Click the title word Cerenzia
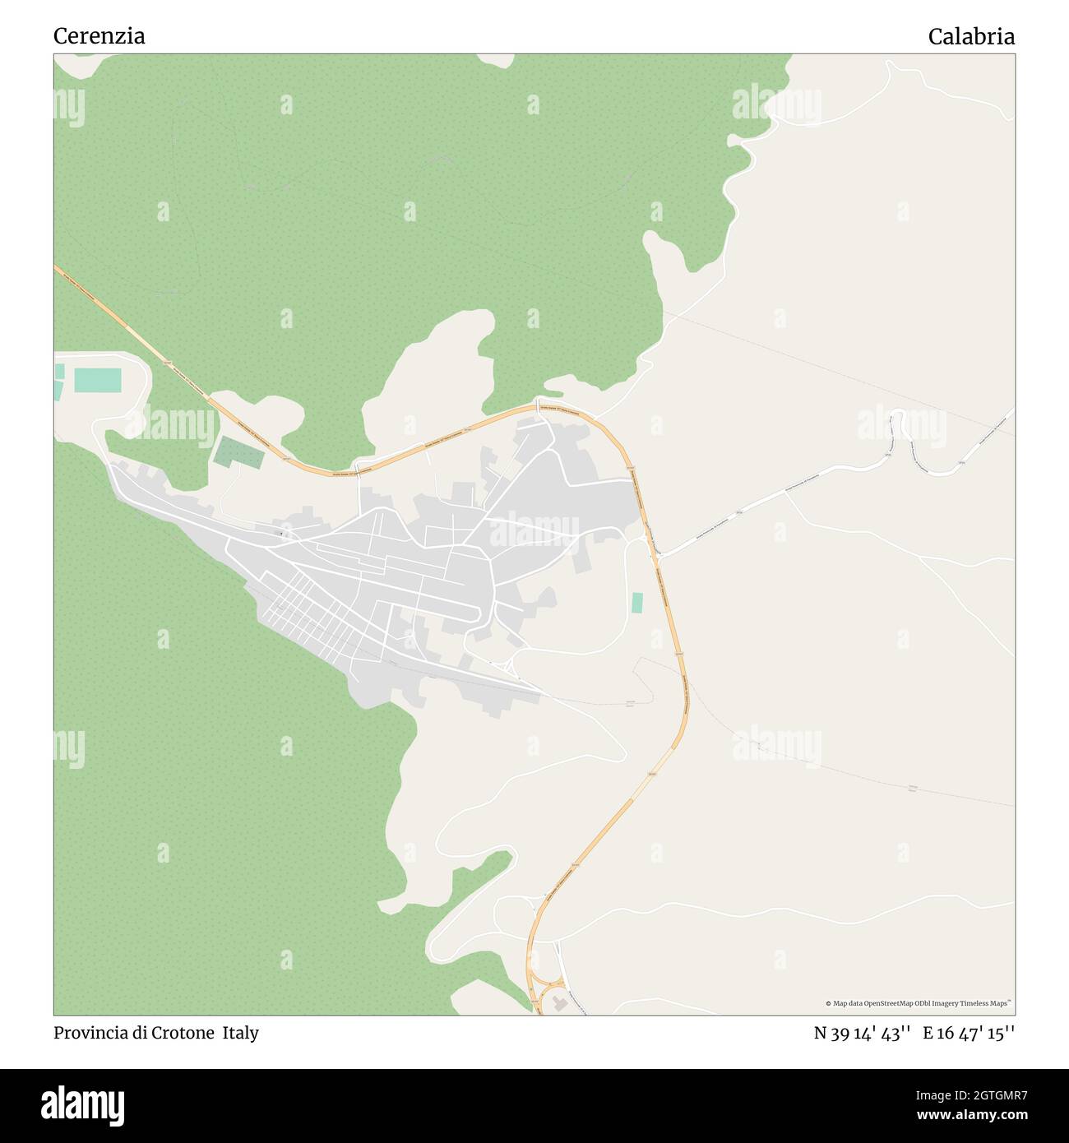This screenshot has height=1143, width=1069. point(99,36)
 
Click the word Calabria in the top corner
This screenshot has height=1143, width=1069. point(971,36)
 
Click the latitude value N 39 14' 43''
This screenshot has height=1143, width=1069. point(862,1033)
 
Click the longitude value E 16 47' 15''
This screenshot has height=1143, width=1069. point(969,1033)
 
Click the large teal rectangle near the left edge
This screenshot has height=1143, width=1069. point(98,380)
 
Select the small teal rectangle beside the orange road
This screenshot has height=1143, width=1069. point(637,602)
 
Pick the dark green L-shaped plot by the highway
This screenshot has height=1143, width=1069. point(236,452)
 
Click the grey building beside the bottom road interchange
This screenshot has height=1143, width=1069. point(561,1002)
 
